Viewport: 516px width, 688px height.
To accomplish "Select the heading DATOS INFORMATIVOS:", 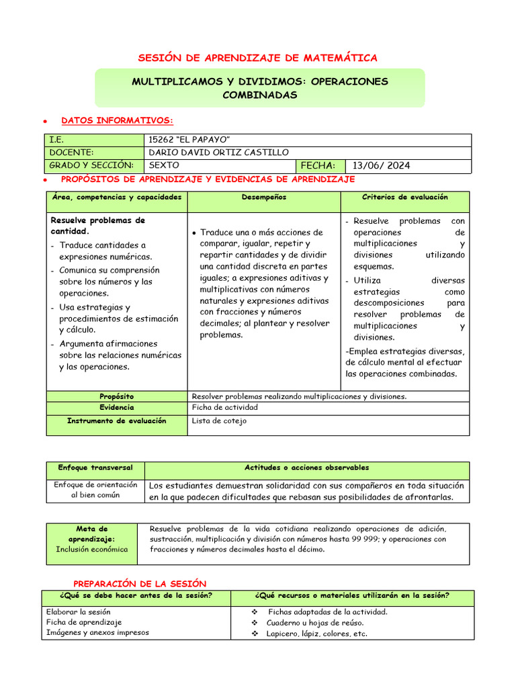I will (x=117, y=121).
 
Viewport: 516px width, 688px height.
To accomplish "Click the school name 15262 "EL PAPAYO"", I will (x=190, y=140).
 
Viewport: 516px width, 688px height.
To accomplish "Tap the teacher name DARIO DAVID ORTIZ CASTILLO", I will (x=219, y=153).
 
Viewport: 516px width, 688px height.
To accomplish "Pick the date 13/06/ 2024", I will (x=382, y=165).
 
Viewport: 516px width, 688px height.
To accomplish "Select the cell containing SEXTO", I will (x=164, y=165).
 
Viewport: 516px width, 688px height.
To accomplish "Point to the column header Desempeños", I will (x=263, y=198).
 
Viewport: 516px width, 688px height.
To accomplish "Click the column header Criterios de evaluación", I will (x=404, y=198).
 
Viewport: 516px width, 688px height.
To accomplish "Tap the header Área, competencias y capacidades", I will (x=116, y=198).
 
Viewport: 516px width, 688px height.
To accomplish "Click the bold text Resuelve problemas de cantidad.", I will (x=98, y=226).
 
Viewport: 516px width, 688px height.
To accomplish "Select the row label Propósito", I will (x=116, y=396).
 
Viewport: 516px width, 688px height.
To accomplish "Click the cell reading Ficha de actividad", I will (x=224, y=407).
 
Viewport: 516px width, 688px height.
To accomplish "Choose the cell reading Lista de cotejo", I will (x=219, y=421).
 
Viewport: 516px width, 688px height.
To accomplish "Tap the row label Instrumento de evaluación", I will (x=116, y=421).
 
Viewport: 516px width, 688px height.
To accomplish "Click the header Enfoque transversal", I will (x=95, y=468).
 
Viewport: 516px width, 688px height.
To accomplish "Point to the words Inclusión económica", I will (x=91, y=550).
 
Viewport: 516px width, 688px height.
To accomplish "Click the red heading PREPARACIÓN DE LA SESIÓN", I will (x=140, y=584).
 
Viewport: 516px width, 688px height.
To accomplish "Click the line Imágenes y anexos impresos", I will (x=97, y=633).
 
